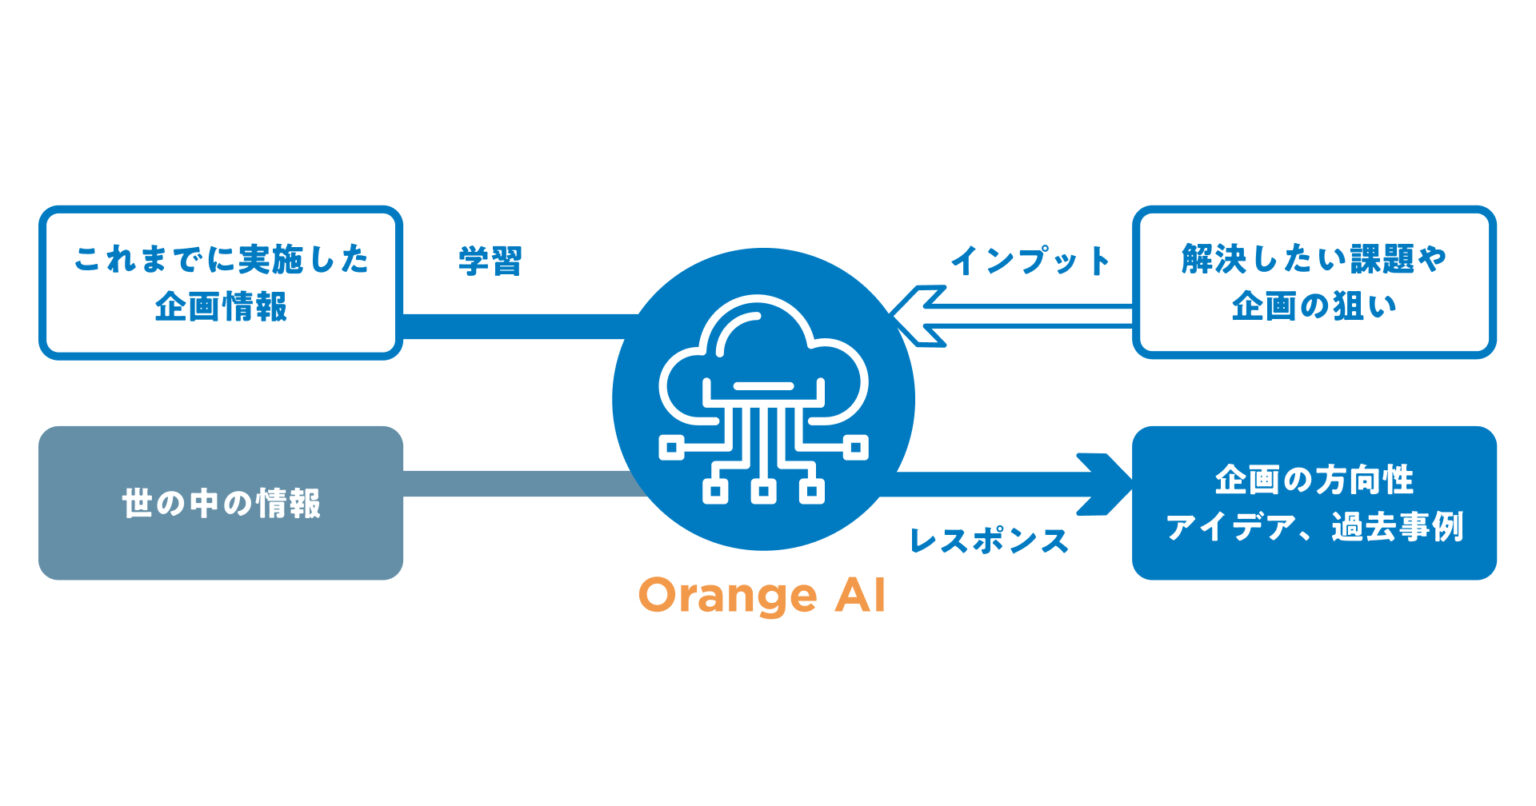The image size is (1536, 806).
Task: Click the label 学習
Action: (490, 262)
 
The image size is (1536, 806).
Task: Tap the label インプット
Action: (1030, 262)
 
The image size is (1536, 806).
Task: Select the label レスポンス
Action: (988, 541)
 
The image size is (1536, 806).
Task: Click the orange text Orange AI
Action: (762, 596)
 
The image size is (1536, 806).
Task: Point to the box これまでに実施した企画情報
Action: (221, 283)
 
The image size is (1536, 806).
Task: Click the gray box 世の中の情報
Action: (221, 503)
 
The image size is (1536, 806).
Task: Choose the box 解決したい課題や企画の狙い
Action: (1313, 283)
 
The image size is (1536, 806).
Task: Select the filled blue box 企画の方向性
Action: (1313, 503)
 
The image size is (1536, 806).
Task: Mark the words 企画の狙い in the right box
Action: (1313, 307)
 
